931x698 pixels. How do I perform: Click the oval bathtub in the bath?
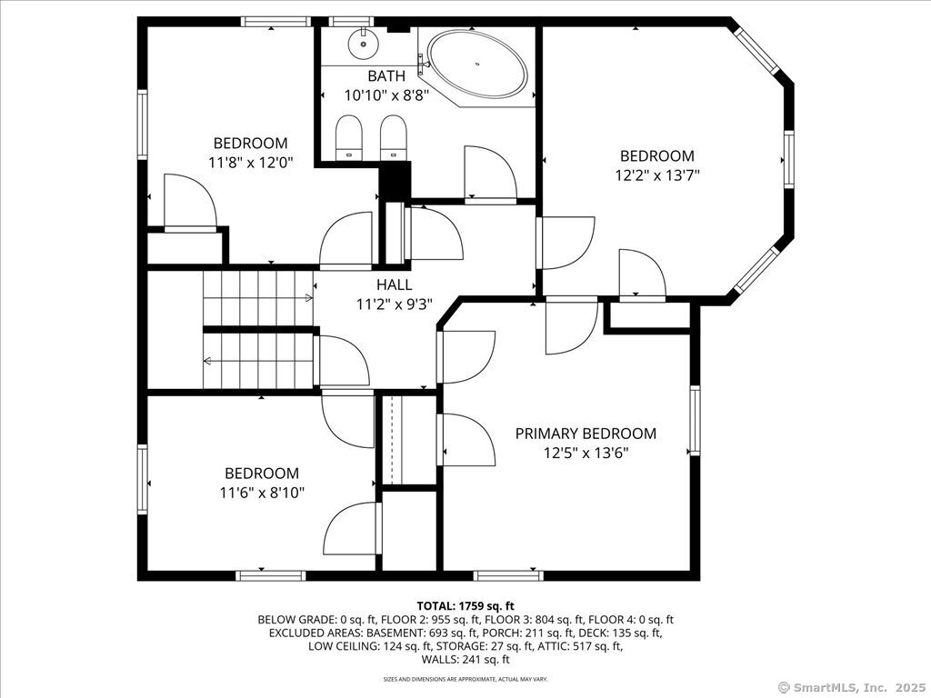tap(478, 63)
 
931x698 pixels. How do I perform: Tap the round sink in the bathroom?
tap(362, 43)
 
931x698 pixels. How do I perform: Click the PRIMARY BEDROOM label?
tap(586, 434)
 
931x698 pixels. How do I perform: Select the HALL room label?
tap(394, 284)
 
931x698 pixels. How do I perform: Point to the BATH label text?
tap(386, 76)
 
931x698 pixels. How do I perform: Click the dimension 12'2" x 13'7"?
tap(656, 175)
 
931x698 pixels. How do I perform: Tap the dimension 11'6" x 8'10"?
tap(262, 493)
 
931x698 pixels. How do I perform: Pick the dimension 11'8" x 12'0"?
tap(251, 163)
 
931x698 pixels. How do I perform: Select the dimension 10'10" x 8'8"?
tap(386, 95)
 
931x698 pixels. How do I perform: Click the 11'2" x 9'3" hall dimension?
tap(394, 304)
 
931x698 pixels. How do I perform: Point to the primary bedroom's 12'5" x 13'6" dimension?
tap(586, 453)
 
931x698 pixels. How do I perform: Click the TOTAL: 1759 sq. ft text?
tap(465, 606)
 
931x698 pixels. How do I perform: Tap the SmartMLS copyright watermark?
tap(851, 687)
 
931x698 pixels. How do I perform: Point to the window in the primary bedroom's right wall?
tap(695, 420)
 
